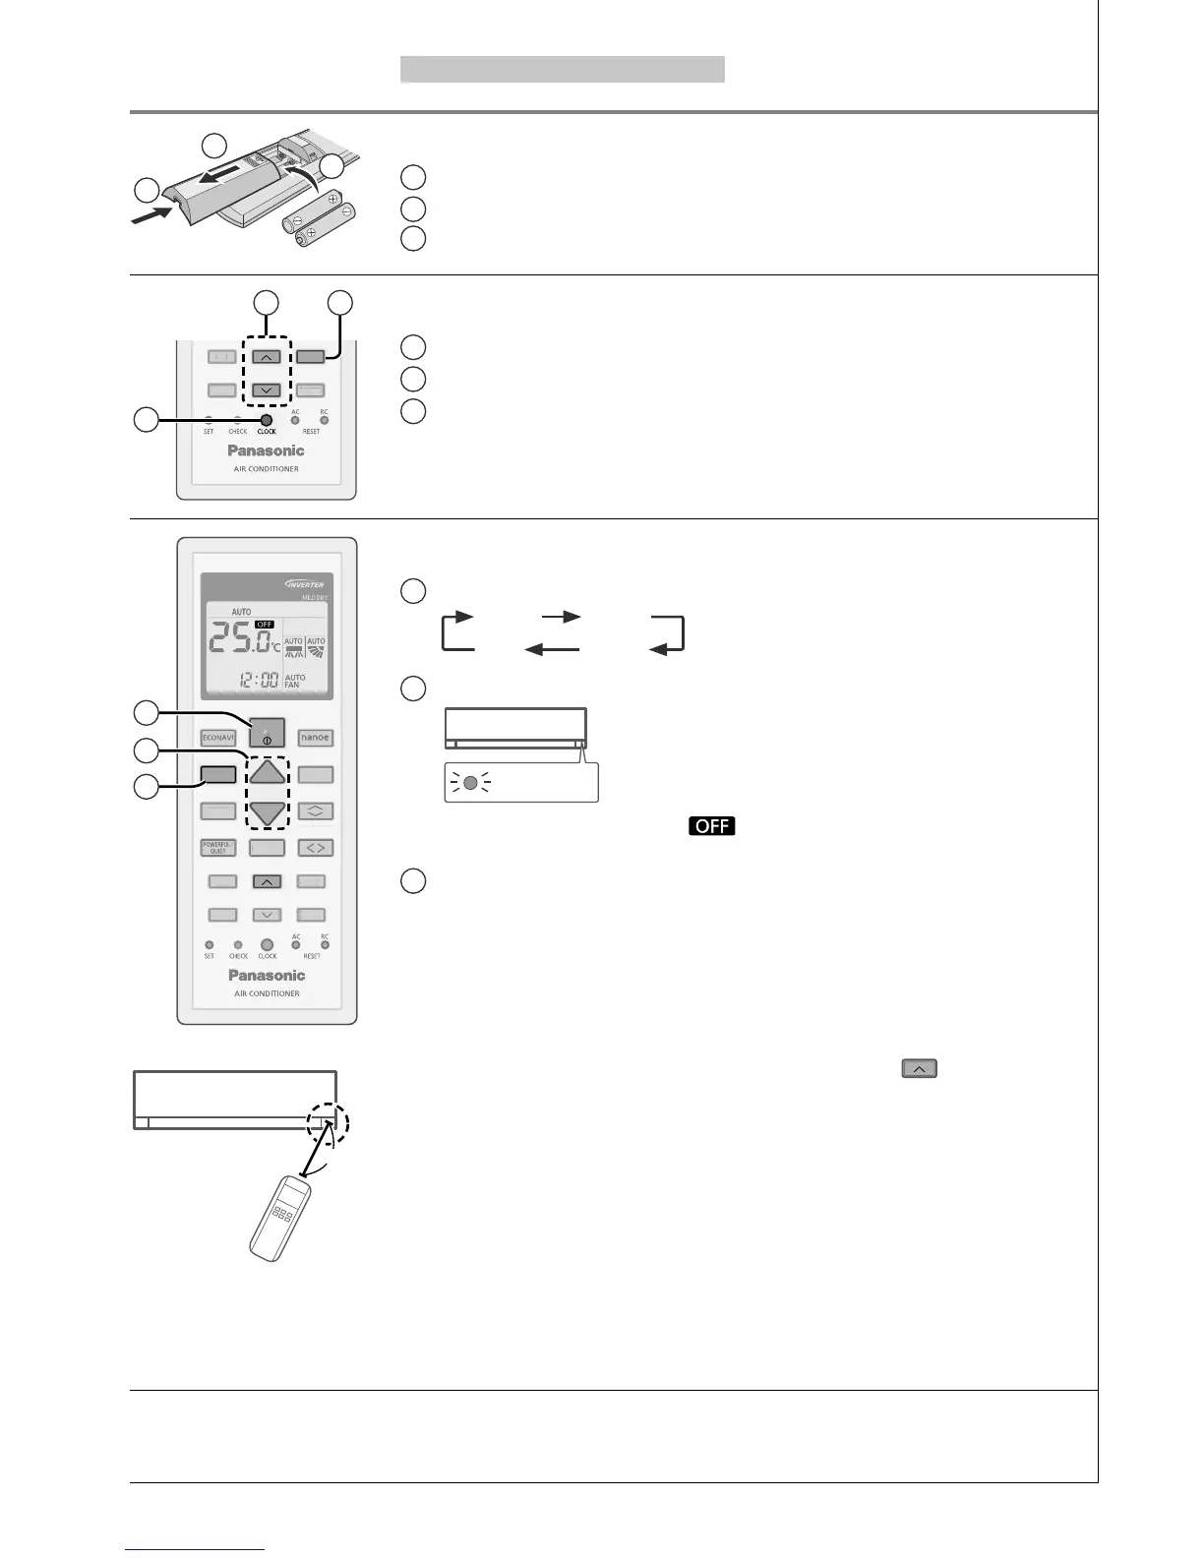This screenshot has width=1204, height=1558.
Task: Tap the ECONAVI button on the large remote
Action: pos(217,737)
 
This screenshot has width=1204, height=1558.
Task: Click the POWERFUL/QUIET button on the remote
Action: pos(217,847)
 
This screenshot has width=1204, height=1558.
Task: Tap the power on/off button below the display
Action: pos(267,733)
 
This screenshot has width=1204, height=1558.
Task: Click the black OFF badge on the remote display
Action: pos(264,624)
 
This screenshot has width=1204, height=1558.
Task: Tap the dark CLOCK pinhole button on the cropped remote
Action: pos(266,420)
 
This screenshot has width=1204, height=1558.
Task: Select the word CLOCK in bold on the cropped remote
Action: pos(267,432)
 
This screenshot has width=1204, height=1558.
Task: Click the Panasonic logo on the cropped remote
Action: pos(267,450)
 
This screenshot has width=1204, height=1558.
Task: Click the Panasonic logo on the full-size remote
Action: pos(267,975)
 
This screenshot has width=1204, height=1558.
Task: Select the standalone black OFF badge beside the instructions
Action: pos(712,825)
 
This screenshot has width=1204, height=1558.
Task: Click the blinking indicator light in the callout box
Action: pos(471,784)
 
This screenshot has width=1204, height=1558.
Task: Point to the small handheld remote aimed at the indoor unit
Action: pos(280,1219)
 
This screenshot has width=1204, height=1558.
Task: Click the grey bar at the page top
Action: pos(562,69)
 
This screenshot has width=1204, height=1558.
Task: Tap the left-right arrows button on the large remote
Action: pos(316,847)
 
